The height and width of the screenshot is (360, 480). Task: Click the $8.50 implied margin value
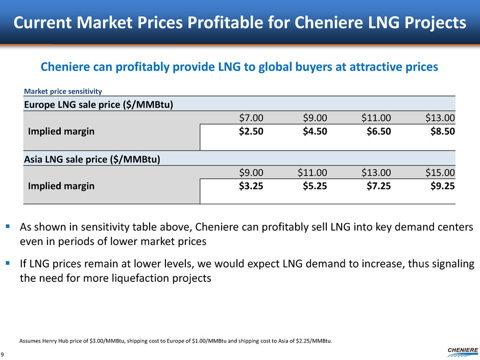coord(442,132)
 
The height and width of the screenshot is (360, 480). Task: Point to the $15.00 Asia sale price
coord(440,174)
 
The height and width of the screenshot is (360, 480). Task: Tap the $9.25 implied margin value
coord(442,186)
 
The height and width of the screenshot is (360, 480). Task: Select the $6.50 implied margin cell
coord(378,132)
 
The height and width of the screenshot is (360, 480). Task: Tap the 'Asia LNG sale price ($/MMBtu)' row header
coord(92,159)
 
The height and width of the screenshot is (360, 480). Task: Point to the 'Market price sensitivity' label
coord(63,91)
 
